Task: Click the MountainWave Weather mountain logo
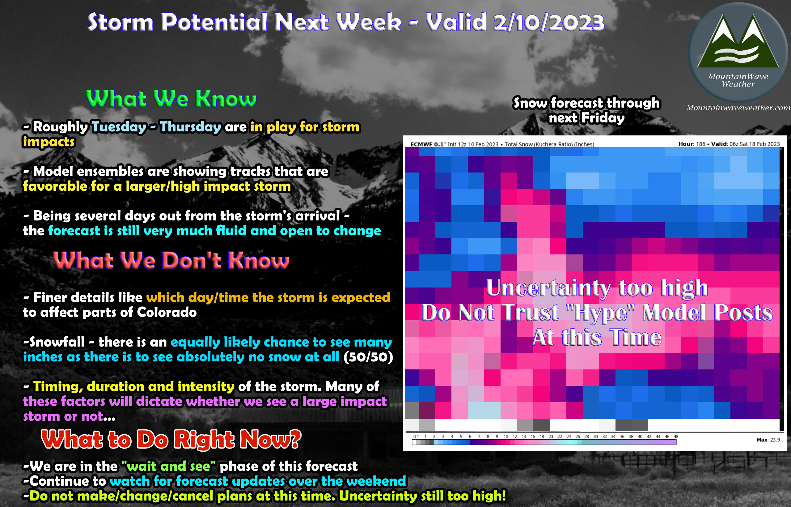(x=738, y=52)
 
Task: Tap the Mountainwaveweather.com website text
(x=738, y=108)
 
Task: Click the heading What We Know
(x=171, y=98)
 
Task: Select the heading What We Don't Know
(x=171, y=260)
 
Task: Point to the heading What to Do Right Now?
(x=171, y=440)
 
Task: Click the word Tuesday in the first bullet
(x=119, y=127)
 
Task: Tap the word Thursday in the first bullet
(x=191, y=127)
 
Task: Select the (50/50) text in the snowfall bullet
(x=368, y=357)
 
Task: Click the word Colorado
(x=167, y=312)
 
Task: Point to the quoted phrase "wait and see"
(x=168, y=466)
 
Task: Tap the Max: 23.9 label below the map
(x=768, y=440)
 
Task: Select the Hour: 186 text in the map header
(x=692, y=144)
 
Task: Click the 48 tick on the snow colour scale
(x=676, y=437)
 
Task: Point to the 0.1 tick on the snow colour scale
(x=416, y=437)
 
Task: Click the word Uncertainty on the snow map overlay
(x=548, y=288)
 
